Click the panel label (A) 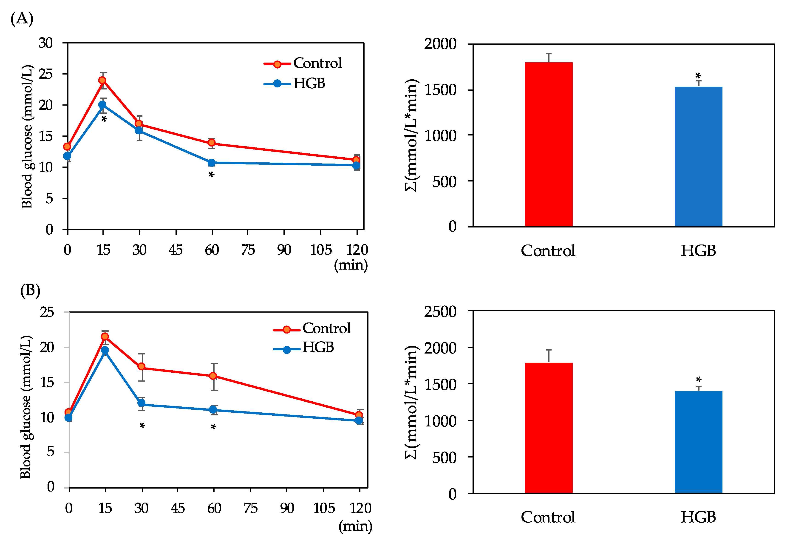point(22,18)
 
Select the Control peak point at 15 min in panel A point(102,80)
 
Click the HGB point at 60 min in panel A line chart point(211,163)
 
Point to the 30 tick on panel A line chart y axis point(45,43)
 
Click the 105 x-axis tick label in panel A point(320,250)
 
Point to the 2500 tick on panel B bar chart point(440,312)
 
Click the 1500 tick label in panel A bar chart point(440,90)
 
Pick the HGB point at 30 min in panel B point(142,403)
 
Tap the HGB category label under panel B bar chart point(698,517)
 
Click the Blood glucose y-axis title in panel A point(27,136)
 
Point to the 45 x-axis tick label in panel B point(177,508)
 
